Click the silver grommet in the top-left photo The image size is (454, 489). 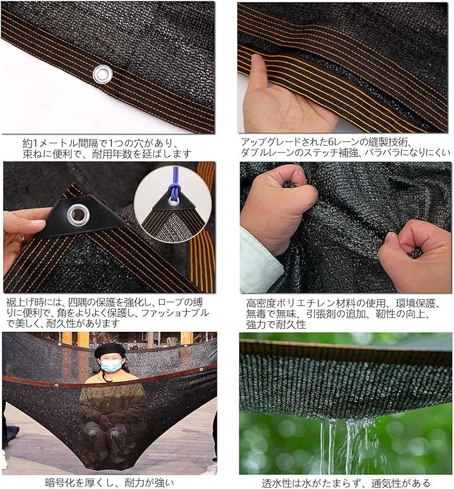pyautogui.click(x=103, y=74)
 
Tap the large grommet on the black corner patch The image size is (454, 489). pyautogui.click(x=79, y=215)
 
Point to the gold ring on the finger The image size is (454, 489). pyautogui.click(x=23, y=239)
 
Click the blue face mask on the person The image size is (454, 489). pyautogui.click(x=111, y=365)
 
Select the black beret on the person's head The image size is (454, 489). pyautogui.click(x=110, y=351)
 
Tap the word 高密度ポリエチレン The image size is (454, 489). pyautogui.click(x=291, y=303)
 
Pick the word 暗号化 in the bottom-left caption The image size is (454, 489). pyautogui.click(x=60, y=483)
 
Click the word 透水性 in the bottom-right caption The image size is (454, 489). pyautogui.click(x=276, y=483)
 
